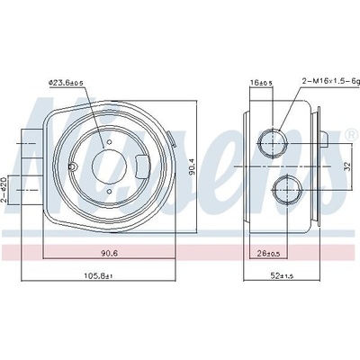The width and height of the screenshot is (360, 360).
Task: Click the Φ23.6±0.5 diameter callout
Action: point(66,82)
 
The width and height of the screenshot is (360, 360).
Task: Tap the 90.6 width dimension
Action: point(110,253)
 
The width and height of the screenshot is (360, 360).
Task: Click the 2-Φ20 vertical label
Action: point(4,190)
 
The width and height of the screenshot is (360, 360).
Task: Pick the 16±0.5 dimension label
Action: point(261,82)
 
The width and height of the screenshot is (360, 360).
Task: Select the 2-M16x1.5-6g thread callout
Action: point(330,80)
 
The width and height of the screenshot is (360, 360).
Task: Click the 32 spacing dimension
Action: point(346,166)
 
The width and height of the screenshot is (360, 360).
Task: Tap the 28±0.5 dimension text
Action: point(269,254)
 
